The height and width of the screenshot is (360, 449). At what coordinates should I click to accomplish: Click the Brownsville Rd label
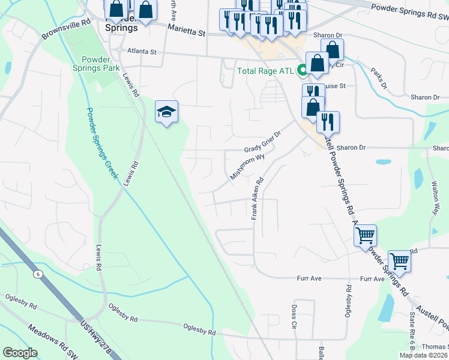pos(67,28)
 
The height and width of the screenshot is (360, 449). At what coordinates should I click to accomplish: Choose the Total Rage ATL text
pos(265,71)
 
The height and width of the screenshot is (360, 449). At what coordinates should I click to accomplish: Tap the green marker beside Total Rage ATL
pos(303,70)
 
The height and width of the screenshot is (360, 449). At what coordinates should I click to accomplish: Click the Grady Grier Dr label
pos(262,142)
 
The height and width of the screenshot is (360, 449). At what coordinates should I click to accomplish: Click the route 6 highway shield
pos(38,274)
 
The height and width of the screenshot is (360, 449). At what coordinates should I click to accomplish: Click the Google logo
pos(20,353)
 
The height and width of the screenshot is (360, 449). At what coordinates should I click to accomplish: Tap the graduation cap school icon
pos(167,111)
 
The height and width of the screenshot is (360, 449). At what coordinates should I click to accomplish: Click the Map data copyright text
pos(424,355)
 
